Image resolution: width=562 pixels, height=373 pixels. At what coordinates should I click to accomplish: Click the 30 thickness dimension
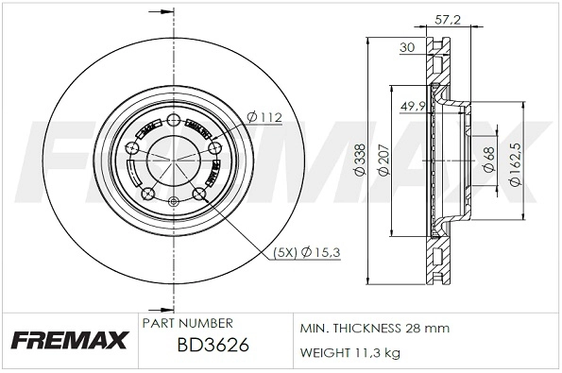pos(407,48)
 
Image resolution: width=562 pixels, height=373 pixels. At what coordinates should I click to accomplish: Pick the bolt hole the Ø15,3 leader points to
pos(199,194)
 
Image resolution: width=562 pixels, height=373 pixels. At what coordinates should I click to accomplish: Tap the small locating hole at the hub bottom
pos(172,202)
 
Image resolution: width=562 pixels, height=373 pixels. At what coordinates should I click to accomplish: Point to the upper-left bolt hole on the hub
pos(130,149)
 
